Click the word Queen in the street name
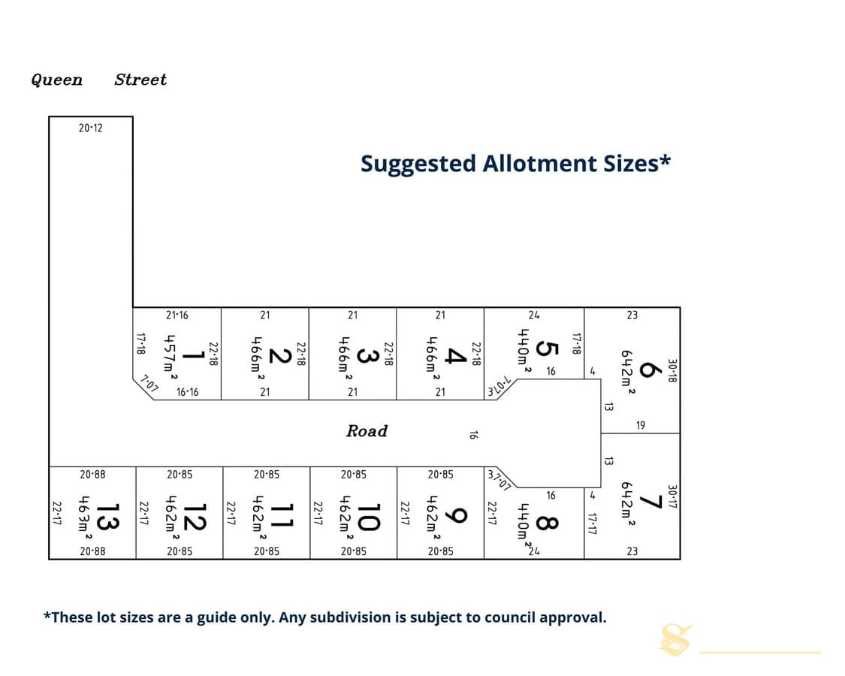(56, 80)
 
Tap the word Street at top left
(140, 80)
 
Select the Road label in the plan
(367, 430)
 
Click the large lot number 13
(107, 517)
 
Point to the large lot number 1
(192, 355)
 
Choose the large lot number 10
(369, 517)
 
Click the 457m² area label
(170, 356)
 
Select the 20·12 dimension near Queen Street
(91, 128)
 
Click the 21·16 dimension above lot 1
(177, 315)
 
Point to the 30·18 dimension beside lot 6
(672, 371)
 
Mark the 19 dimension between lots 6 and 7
(640, 425)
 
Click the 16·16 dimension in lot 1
(188, 392)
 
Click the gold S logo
(675, 639)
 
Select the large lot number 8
(547, 523)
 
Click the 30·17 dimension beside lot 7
(672, 496)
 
